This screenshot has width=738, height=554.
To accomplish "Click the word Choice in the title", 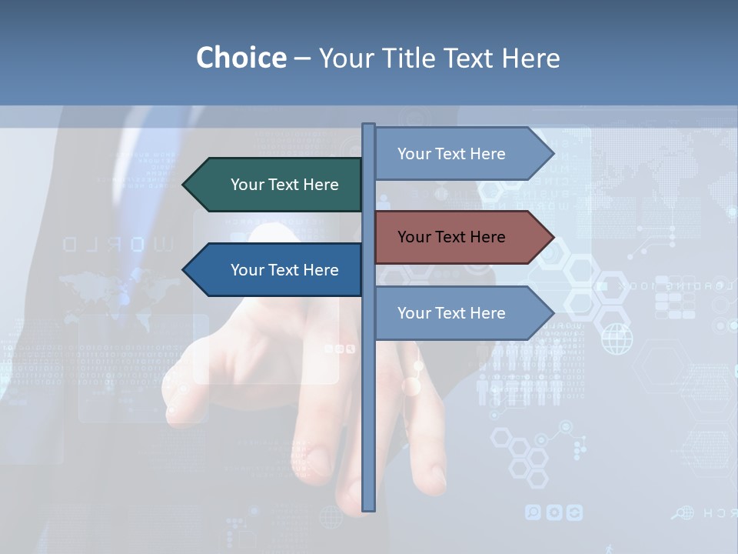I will tap(241, 58).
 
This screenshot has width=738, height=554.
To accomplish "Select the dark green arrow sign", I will tap(273, 185).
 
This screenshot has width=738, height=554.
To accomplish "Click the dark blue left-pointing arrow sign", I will tap(273, 270).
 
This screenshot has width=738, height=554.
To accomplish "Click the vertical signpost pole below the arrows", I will tap(369, 423).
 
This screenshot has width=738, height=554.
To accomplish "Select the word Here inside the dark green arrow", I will tap(321, 185).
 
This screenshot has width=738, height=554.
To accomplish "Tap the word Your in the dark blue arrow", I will tap(248, 270).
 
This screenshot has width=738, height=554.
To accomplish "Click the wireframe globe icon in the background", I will tap(617, 339).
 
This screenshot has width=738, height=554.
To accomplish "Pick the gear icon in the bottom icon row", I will tap(553, 512).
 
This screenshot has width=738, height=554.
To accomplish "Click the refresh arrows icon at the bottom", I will tap(574, 512).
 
